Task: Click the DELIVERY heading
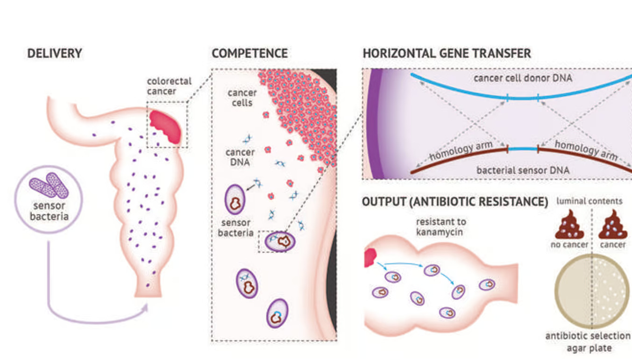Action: click(55, 53)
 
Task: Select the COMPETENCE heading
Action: click(249, 53)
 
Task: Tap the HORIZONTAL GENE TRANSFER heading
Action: click(447, 53)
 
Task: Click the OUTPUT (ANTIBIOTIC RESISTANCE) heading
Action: click(454, 202)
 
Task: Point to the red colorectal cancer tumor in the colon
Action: click(165, 126)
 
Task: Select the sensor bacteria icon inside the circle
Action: click(49, 185)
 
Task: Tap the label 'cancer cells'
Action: click(242, 98)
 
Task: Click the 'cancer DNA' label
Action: click(240, 157)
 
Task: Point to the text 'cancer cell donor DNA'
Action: click(523, 78)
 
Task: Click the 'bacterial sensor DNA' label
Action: click(523, 170)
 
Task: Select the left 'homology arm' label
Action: click(461, 151)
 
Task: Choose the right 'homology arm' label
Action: click(586, 150)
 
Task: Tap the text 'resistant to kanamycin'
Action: click(441, 226)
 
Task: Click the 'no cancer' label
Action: click(569, 245)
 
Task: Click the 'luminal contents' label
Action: click(589, 201)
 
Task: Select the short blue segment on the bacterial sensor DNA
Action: click(523, 149)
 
